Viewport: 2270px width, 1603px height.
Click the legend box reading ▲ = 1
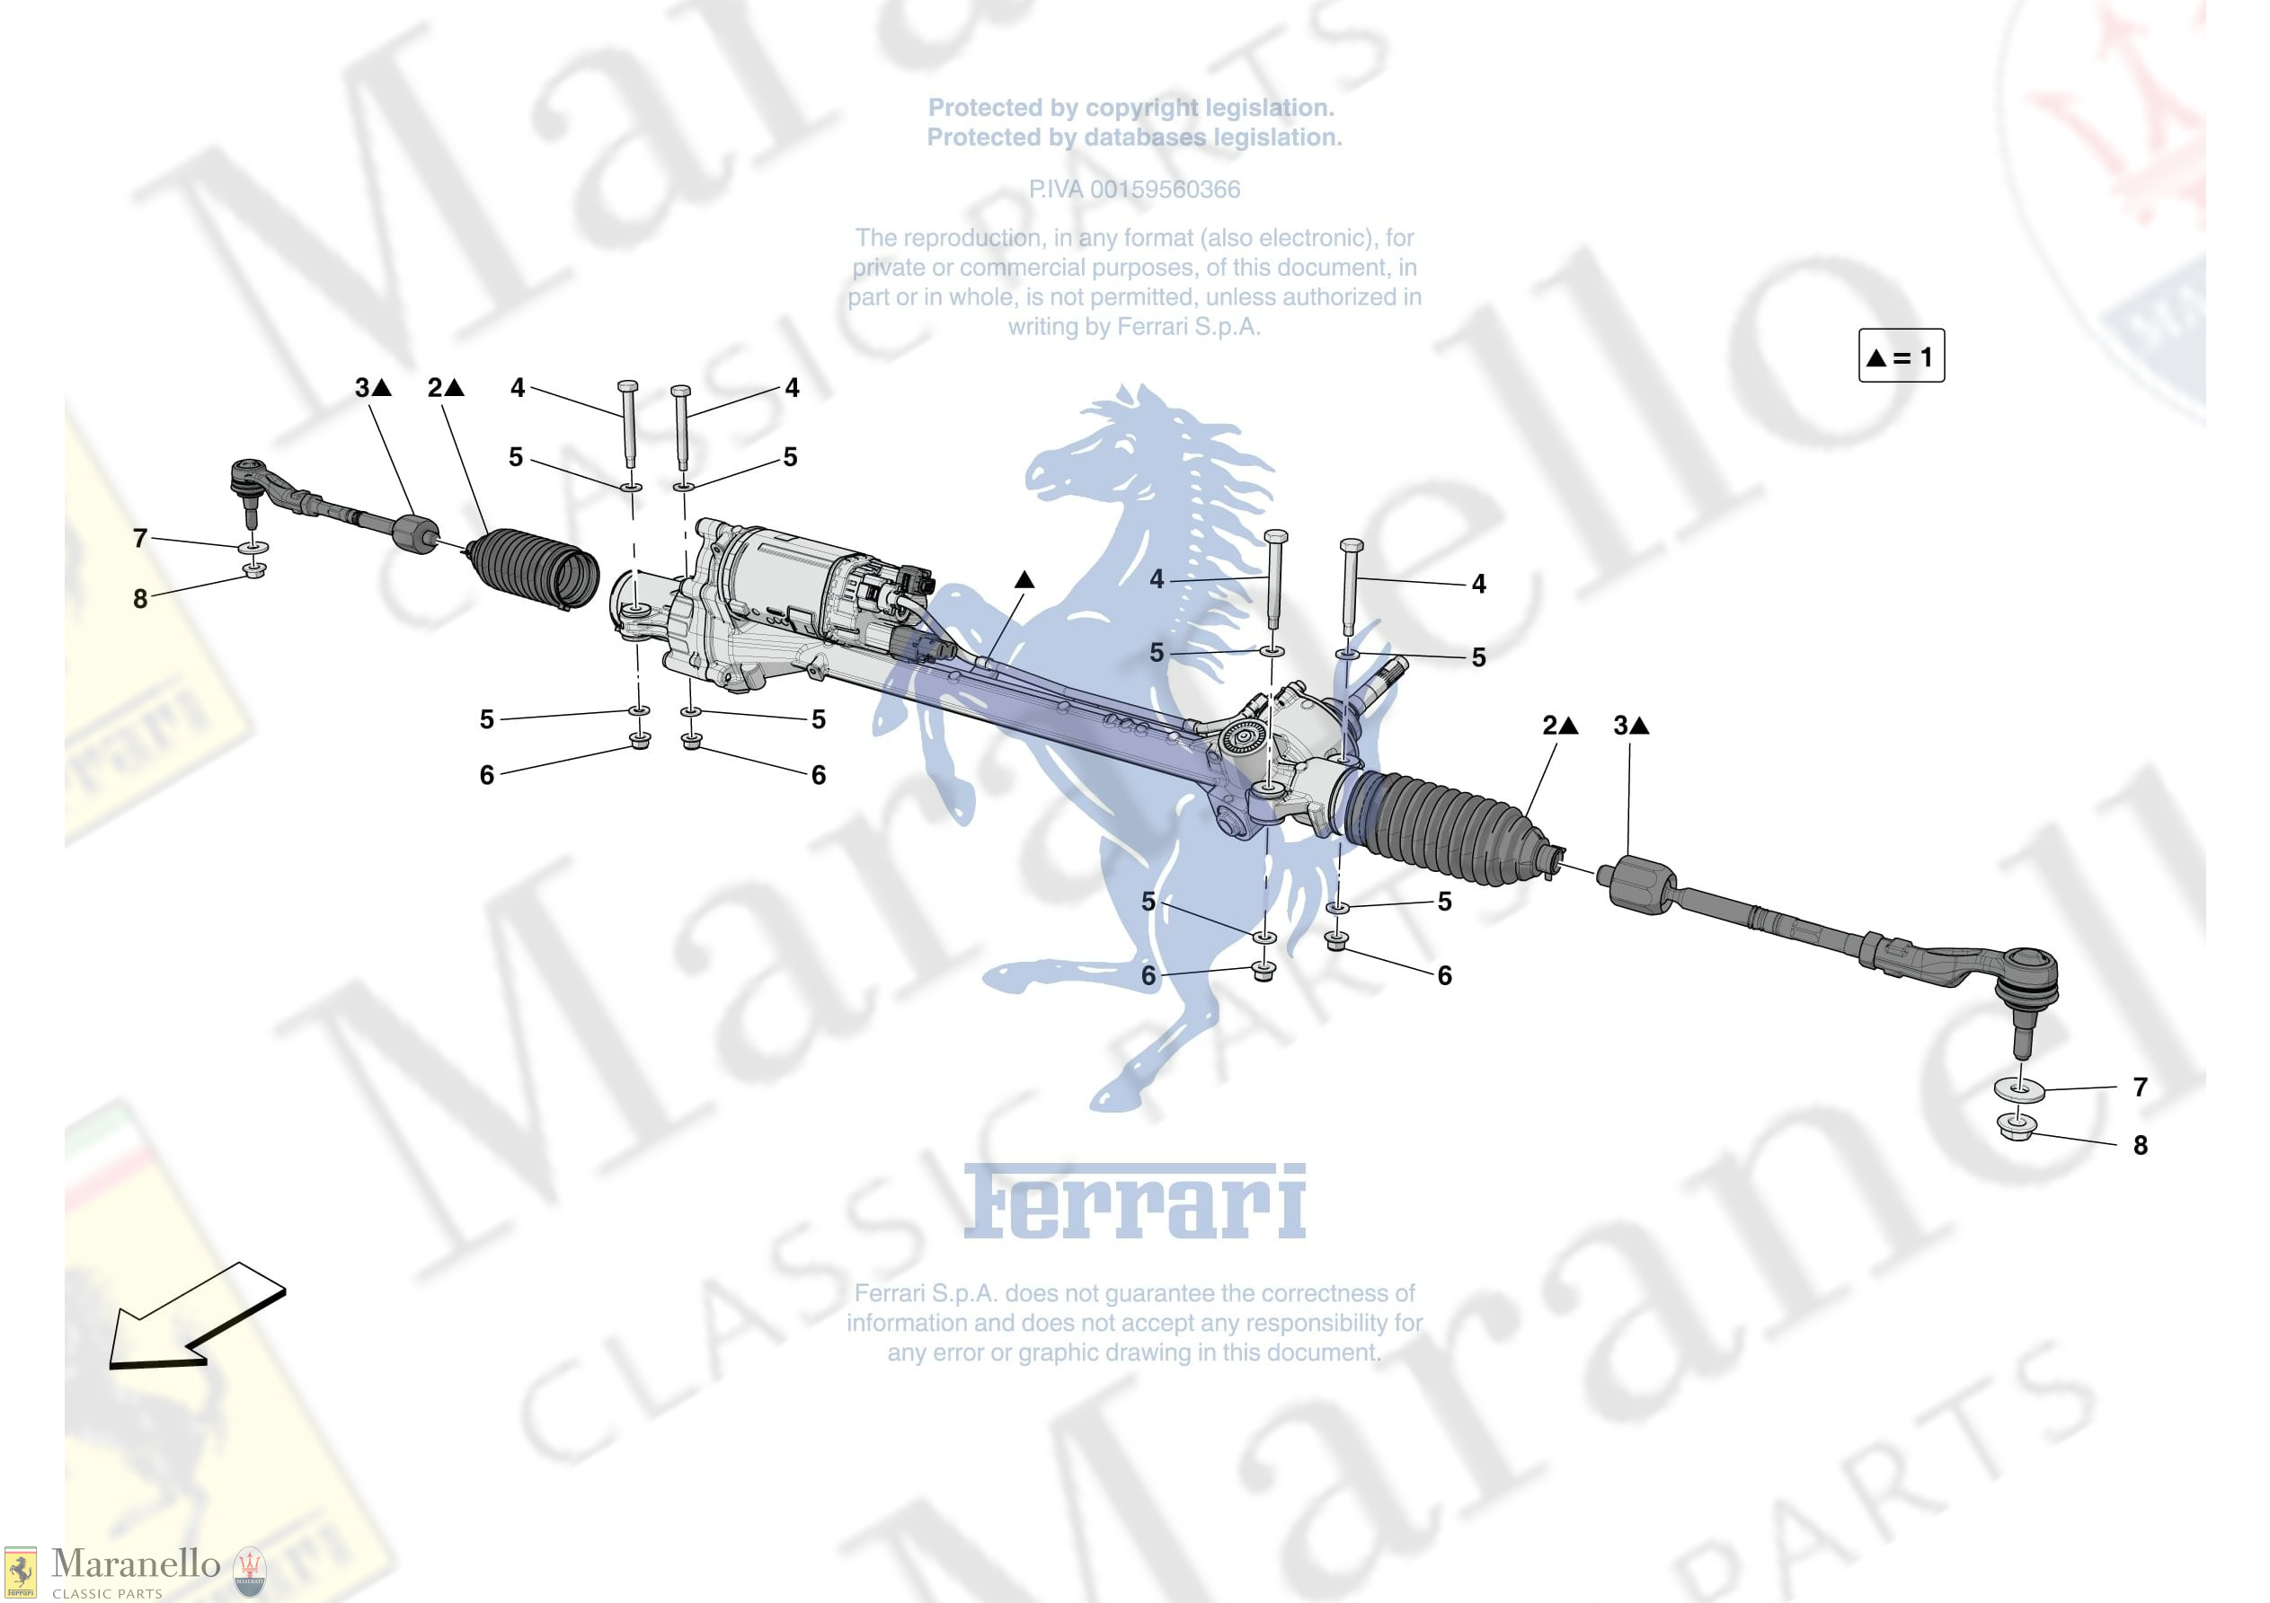coord(1901,356)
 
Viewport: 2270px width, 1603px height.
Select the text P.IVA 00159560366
coord(1134,189)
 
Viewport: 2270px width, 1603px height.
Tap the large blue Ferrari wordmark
coord(1134,1202)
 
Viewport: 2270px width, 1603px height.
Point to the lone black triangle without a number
coord(1024,580)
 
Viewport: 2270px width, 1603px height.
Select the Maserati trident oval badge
coord(249,1572)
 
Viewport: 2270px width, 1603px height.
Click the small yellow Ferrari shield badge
coord(20,1572)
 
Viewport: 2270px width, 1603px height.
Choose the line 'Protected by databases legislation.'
coord(1134,137)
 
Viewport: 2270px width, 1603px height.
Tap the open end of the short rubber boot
coord(578,577)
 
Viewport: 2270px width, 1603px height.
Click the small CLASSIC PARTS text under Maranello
coord(107,1593)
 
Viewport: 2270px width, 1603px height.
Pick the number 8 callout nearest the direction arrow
coord(140,598)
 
